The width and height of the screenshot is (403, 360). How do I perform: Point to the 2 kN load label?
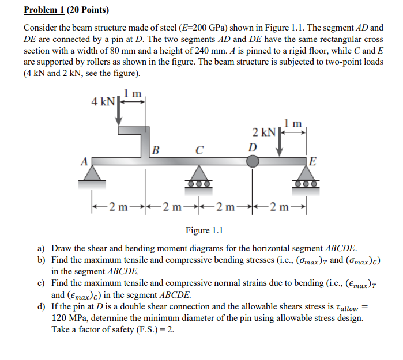(265, 132)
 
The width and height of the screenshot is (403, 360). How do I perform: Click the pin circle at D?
(253, 161)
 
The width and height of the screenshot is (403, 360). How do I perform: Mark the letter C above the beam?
(199, 151)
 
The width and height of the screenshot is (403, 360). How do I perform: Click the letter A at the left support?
(84, 162)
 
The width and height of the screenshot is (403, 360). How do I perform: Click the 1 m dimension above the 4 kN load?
(133, 93)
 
